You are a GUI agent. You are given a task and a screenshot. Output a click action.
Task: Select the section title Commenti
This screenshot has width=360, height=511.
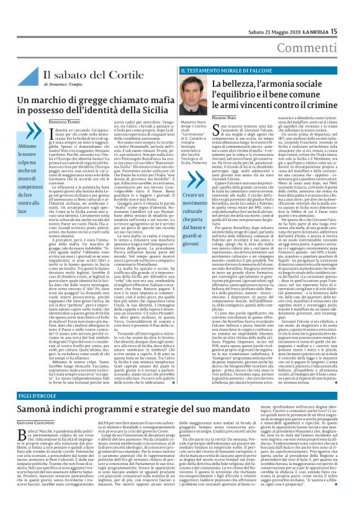[x=327, y=30]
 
